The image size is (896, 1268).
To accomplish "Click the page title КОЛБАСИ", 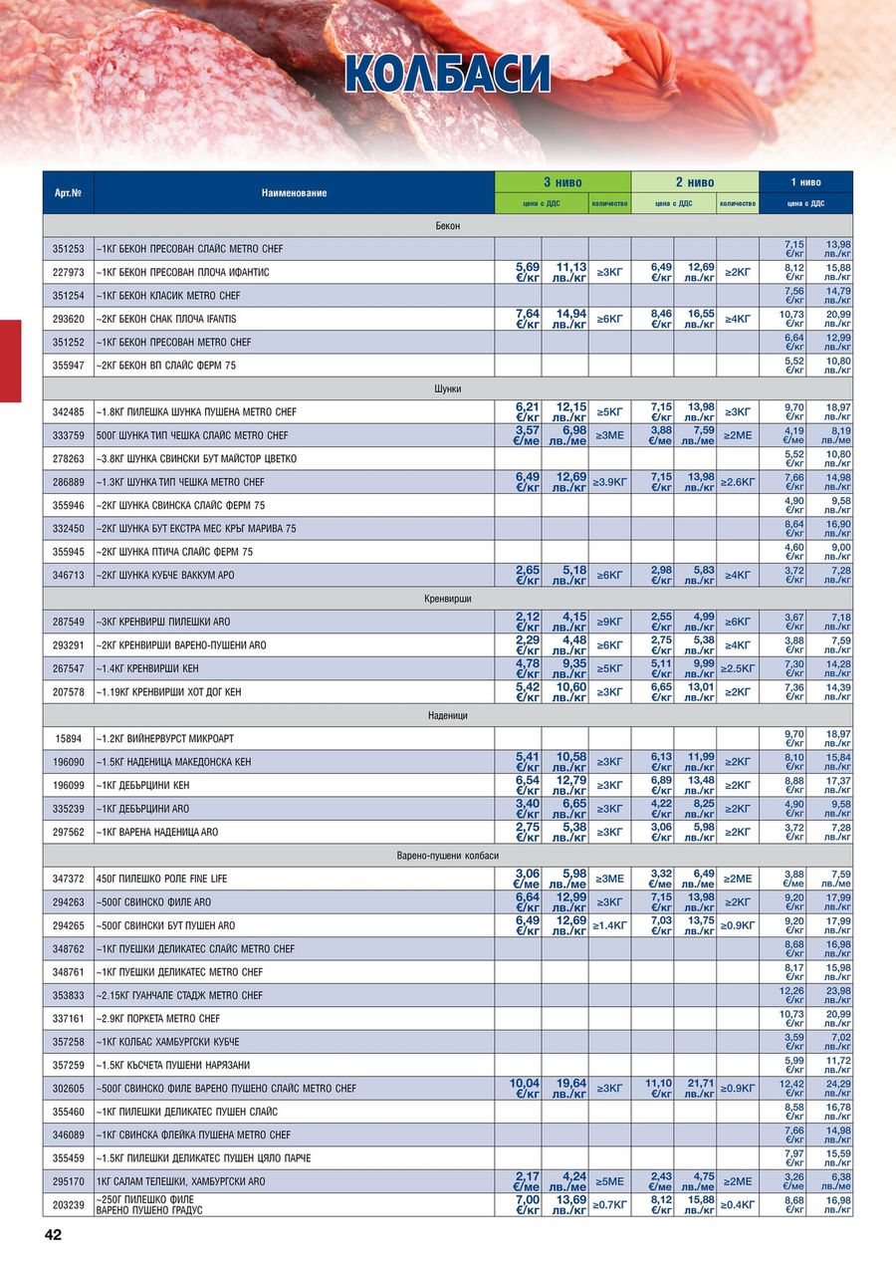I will [x=447, y=74].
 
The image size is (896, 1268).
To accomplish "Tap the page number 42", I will [x=53, y=1235].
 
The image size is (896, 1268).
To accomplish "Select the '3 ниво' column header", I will [x=562, y=182].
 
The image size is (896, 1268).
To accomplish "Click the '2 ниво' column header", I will [x=695, y=182].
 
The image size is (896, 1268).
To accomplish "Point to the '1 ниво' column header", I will [x=805, y=182].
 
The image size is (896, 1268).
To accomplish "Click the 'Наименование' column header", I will [x=294, y=192].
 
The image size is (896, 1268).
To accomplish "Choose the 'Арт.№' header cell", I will [x=68, y=192].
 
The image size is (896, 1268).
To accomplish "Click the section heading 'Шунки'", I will [x=448, y=388].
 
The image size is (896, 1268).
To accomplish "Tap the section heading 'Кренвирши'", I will [x=448, y=599].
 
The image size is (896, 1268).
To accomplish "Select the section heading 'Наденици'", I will [x=448, y=715].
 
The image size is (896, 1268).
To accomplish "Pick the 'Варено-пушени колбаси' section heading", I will [x=448, y=856].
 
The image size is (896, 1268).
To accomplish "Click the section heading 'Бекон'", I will [x=448, y=226].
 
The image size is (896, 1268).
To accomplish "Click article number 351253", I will [x=69, y=249].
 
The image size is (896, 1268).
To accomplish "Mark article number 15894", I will [x=69, y=739].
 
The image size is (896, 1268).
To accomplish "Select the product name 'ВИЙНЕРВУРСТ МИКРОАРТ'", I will [x=164, y=739].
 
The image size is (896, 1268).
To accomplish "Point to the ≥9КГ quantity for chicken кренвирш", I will [x=609, y=623].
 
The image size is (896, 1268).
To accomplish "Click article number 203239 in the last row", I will [x=69, y=1204].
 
